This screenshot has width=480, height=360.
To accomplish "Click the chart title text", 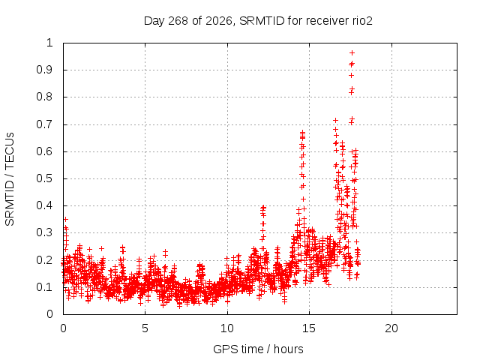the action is tap(258, 21).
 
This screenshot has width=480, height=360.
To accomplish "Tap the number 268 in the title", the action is tap(178, 21).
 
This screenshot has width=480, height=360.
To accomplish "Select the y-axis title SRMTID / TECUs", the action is tap(10, 179).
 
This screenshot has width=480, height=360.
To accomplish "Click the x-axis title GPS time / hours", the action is tap(258, 349).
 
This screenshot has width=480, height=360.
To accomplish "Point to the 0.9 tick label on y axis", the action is tap(45, 70).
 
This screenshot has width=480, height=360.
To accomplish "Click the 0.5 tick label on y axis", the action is tap(45, 178).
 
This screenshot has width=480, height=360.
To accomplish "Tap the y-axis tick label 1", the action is tap(49, 43).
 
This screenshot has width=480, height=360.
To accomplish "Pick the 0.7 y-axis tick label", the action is tap(45, 124).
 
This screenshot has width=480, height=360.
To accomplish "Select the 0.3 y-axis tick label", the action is tap(45, 232).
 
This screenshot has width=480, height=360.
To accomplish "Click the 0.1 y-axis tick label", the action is tap(45, 287).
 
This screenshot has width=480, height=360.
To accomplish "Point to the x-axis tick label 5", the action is tap(145, 328).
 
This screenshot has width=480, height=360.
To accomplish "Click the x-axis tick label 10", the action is tap(227, 328).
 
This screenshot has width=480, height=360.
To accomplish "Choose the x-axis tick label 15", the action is tap(309, 328).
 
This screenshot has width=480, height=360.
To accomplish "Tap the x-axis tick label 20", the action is tap(391, 328).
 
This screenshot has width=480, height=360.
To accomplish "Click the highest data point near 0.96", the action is tap(352, 53).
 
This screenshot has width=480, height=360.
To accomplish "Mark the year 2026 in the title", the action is tap(218, 21).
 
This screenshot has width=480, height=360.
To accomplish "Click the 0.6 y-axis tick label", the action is tap(45, 151).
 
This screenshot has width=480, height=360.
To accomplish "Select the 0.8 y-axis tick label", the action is tap(45, 97).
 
